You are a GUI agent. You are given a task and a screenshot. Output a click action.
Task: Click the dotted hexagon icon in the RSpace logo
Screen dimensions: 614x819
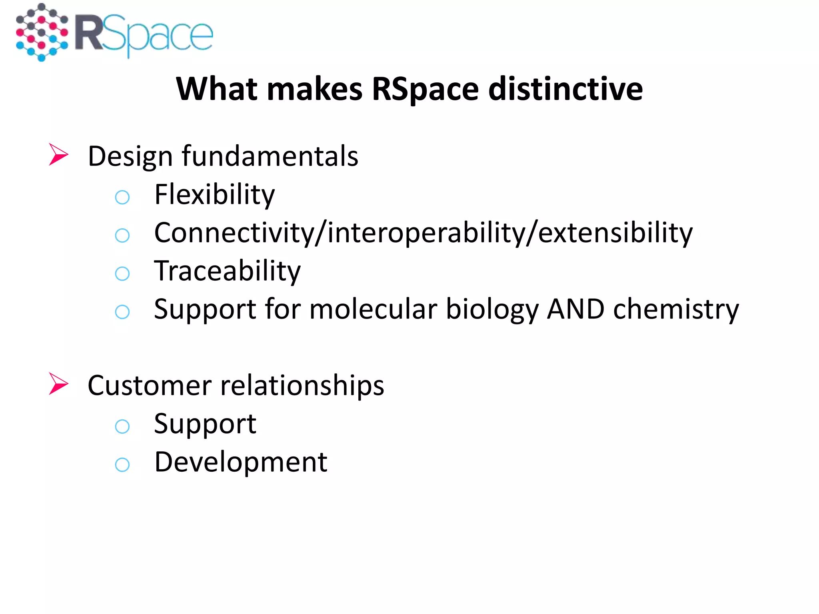click(x=42, y=32)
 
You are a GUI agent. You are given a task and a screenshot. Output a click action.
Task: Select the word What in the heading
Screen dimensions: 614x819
click(x=216, y=89)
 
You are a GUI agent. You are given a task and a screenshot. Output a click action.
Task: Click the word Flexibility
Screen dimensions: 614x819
click(x=215, y=195)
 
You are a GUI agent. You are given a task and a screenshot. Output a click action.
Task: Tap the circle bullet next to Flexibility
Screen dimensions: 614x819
click(x=122, y=197)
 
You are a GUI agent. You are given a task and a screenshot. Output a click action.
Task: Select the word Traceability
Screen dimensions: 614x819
click(x=227, y=271)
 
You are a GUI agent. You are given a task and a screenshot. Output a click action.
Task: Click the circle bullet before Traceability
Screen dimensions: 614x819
click(x=122, y=274)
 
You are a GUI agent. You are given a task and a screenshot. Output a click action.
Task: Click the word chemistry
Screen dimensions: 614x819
click(x=676, y=310)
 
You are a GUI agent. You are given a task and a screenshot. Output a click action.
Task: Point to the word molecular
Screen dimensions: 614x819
click(x=373, y=309)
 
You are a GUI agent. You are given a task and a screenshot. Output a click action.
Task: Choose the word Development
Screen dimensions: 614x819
click(x=241, y=462)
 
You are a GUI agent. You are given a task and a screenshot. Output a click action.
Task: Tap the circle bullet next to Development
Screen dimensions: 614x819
click(x=122, y=464)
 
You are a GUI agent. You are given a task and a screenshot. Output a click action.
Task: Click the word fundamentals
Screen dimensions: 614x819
click(x=270, y=156)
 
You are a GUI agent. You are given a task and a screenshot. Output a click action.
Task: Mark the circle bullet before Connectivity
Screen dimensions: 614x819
click(x=122, y=235)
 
